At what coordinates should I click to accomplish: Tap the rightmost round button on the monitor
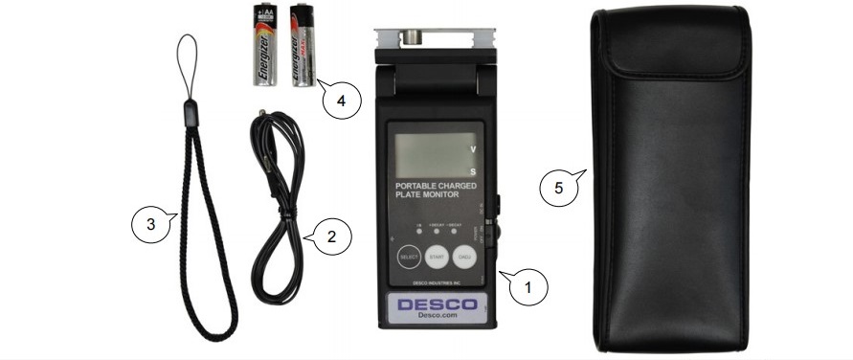pyautogui.click(x=467, y=258)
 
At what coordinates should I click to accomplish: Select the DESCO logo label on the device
pyautogui.click(x=438, y=306)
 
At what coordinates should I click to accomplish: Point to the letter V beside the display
pyautogui.click(x=472, y=150)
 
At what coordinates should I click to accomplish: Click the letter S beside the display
pyautogui.click(x=472, y=172)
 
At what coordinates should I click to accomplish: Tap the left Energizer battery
pyautogui.click(x=265, y=44)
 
